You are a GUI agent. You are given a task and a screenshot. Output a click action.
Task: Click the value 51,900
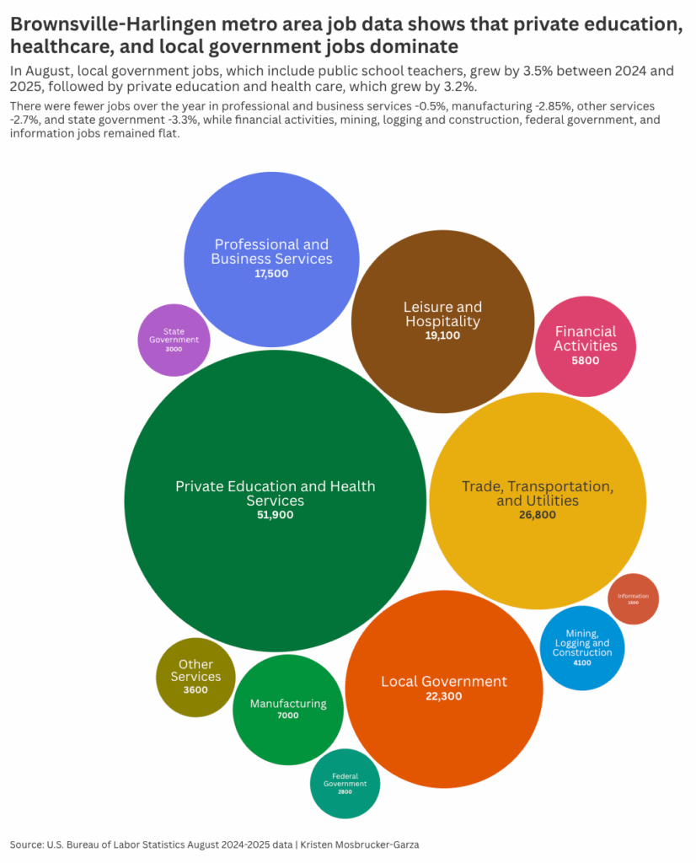tap(275, 515)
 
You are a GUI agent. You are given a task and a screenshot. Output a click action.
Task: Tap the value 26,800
tap(538, 515)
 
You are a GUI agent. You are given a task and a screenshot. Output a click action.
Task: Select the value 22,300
tap(444, 696)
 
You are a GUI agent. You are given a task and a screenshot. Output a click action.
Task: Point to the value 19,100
tap(442, 335)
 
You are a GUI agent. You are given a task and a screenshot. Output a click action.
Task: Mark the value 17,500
tap(271, 273)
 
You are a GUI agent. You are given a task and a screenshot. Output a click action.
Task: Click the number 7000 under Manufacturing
tap(288, 716)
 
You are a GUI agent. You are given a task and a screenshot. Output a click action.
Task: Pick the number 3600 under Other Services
tap(195, 690)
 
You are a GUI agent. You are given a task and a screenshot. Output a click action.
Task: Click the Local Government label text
tap(444, 681)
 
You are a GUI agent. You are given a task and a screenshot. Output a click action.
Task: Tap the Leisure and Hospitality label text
tap(442, 314)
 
